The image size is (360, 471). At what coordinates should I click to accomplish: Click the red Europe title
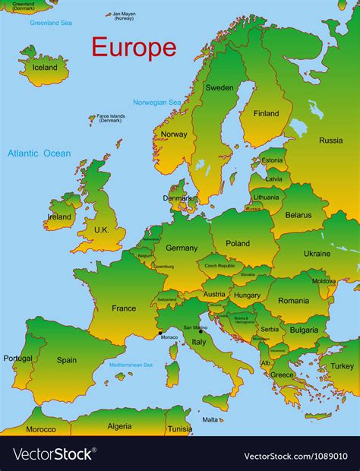point(134,47)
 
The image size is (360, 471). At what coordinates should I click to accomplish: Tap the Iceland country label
point(44,67)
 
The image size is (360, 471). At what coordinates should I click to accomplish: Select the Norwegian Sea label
point(157,102)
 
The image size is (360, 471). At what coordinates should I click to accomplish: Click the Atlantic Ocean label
point(39,153)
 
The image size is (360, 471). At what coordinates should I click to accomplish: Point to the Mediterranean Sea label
point(131,365)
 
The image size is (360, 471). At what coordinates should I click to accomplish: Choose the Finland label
point(266,114)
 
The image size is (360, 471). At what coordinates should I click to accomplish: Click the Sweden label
point(219,87)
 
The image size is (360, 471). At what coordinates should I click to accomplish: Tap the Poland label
point(238,244)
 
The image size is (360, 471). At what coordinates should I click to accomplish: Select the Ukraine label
point(317,254)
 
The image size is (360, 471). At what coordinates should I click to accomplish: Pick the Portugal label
point(17,359)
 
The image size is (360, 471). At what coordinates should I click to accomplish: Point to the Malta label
point(210,419)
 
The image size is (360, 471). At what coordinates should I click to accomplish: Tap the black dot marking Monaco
point(159,333)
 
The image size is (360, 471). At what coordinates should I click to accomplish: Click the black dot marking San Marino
point(201,331)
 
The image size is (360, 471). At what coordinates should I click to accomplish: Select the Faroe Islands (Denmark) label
point(110,119)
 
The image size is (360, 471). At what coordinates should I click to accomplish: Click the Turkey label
point(342,366)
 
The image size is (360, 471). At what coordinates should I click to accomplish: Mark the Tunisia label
point(180,428)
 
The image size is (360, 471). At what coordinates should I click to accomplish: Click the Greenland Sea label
point(50,23)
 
